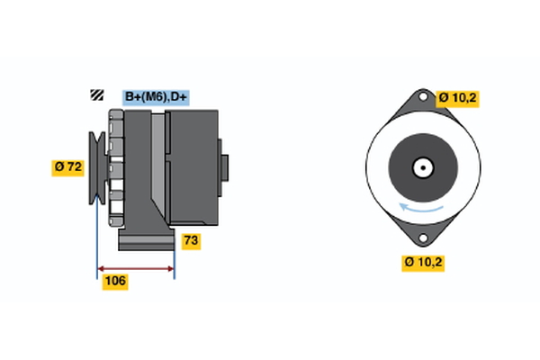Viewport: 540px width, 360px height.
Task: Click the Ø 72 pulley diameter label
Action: (x=67, y=167)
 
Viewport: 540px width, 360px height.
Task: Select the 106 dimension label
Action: (x=115, y=282)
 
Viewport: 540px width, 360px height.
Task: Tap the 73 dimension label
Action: (x=191, y=241)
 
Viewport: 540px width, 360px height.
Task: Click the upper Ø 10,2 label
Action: (x=457, y=98)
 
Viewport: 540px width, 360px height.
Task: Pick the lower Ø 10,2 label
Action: (x=423, y=263)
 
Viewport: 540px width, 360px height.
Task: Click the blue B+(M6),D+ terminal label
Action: (x=156, y=97)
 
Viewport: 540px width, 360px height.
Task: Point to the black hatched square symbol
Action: (x=97, y=94)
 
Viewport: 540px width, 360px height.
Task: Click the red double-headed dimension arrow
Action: (x=136, y=269)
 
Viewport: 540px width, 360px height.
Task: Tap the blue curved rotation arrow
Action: (x=421, y=209)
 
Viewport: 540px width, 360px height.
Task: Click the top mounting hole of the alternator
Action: (x=423, y=97)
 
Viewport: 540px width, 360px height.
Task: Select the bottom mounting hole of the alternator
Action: (x=423, y=238)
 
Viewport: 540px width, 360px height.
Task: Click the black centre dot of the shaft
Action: (x=423, y=167)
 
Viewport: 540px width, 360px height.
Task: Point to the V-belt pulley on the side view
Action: (x=98, y=167)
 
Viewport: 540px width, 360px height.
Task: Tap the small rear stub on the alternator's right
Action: (x=224, y=167)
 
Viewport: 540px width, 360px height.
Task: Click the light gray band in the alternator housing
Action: (x=158, y=162)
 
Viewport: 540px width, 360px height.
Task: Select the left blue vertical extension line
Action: (x=97, y=238)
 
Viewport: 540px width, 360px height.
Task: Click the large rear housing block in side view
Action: (x=193, y=167)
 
